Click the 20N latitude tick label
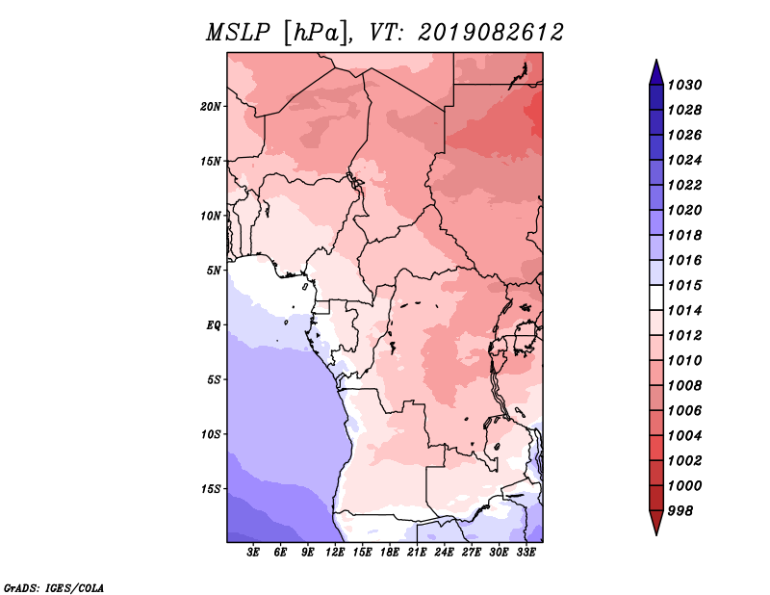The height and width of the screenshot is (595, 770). pyautogui.click(x=211, y=107)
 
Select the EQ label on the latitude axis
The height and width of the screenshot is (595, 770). pyautogui.click(x=214, y=325)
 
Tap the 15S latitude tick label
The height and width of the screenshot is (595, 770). pyautogui.click(x=211, y=489)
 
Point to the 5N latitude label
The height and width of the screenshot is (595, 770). pyautogui.click(x=214, y=271)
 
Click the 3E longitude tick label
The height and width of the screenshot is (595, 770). pyautogui.click(x=253, y=553)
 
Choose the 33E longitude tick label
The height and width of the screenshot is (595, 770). pyautogui.click(x=526, y=553)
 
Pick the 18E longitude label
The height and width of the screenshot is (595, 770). pyautogui.click(x=390, y=553)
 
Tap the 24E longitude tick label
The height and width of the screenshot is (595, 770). pyautogui.click(x=444, y=553)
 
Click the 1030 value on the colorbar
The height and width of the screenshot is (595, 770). pyautogui.click(x=684, y=85)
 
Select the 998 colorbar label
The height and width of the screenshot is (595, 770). pyautogui.click(x=680, y=511)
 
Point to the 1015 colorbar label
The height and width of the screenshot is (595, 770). pyautogui.click(x=684, y=285)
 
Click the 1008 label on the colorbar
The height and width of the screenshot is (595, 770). pyautogui.click(x=684, y=386)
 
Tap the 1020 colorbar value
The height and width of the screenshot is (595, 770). pyautogui.click(x=684, y=210)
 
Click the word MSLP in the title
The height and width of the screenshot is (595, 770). pyautogui.click(x=238, y=33)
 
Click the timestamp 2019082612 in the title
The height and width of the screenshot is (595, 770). pyautogui.click(x=491, y=33)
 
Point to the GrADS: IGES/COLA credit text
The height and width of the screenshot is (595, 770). pyautogui.click(x=54, y=587)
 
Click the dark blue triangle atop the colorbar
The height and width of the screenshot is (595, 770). pyautogui.click(x=656, y=73)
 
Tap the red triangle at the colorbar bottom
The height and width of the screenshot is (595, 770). pyautogui.click(x=656, y=522)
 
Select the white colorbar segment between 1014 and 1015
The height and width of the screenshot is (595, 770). pyautogui.click(x=656, y=297)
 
